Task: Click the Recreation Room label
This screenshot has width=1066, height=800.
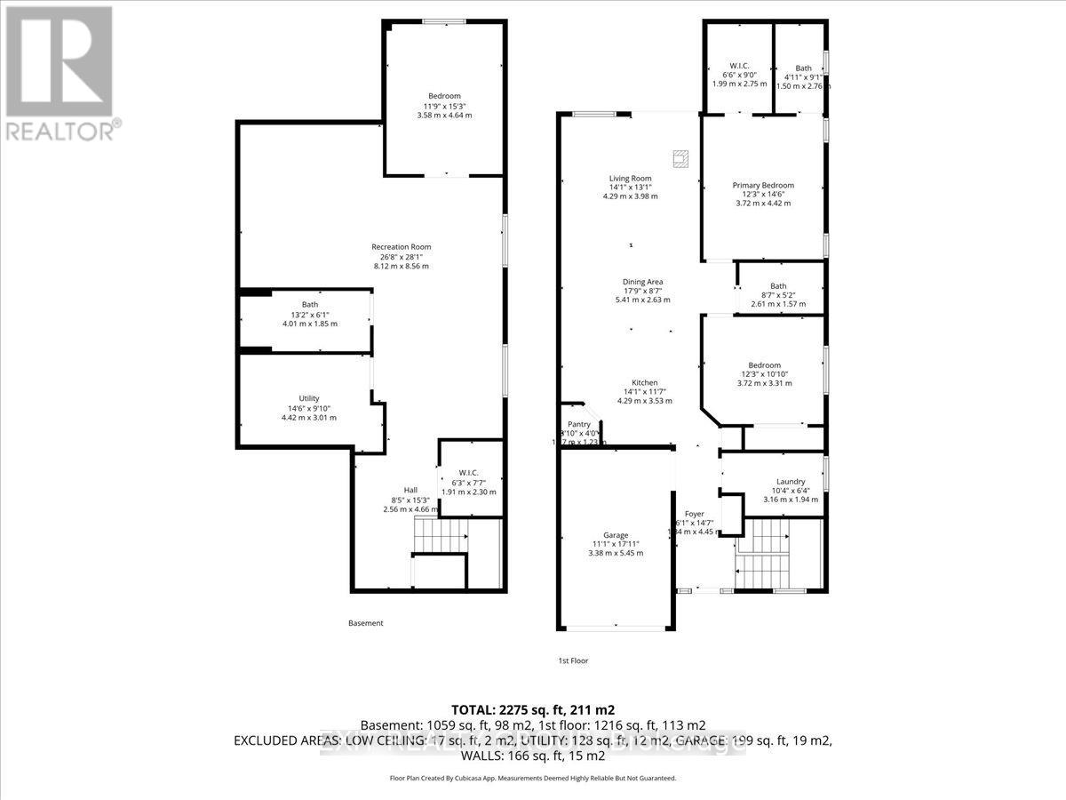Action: pos(402,247)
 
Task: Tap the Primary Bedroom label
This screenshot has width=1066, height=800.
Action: pos(763,186)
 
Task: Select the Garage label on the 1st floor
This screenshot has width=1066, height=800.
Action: pos(616,535)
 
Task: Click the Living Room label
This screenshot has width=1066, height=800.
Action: pos(630,179)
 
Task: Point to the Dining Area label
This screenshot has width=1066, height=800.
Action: pos(642,283)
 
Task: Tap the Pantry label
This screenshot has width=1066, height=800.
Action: pos(579,425)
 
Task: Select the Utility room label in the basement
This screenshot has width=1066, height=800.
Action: pos(308,399)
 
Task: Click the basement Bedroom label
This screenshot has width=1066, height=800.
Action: pos(444,96)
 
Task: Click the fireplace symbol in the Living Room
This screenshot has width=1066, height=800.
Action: pos(680,158)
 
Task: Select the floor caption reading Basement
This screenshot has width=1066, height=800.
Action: pos(365,623)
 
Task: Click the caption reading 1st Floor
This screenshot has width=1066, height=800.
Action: pos(573,660)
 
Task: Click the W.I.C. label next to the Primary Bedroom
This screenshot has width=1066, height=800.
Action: pos(737,67)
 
